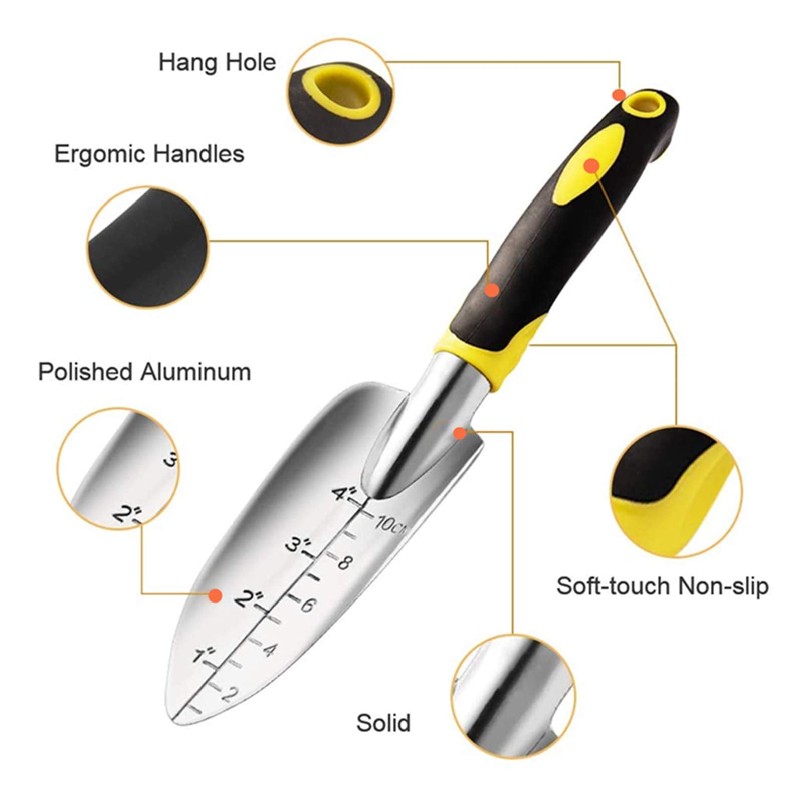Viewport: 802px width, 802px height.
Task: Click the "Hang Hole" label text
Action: (217, 63)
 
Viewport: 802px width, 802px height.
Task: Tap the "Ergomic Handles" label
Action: (149, 154)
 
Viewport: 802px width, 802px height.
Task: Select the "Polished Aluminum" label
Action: (144, 372)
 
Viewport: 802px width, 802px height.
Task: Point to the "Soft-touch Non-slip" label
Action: (663, 586)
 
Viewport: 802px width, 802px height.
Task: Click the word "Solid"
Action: (383, 723)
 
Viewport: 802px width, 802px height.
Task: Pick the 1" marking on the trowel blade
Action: (204, 655)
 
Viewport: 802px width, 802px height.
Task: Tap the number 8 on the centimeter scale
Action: (344, 562)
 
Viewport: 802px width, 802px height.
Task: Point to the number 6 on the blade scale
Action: (307, 606)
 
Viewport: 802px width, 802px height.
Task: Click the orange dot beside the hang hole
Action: (619, 94)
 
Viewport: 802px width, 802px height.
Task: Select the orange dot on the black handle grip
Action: (492, 290)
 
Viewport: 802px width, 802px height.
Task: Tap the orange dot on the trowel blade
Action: (215, 595)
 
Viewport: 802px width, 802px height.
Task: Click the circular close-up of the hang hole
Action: (340, 92)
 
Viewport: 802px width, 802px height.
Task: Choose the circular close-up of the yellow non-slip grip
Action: (676, 491)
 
